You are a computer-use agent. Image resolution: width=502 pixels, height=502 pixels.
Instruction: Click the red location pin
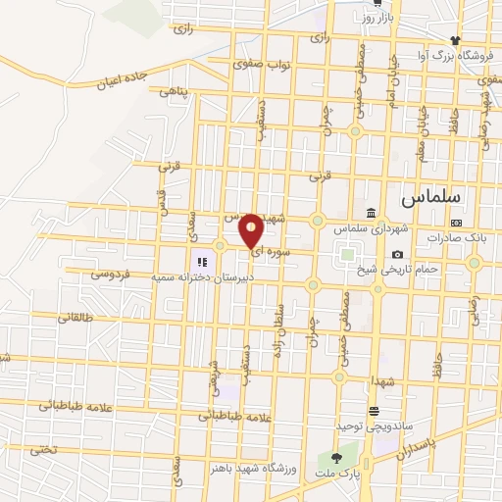(x=251, y=230)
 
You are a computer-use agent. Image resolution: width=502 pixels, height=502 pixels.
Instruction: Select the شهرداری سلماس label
(x=370, y=227)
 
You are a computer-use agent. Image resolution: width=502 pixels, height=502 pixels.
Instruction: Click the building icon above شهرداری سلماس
(x=371, y=214)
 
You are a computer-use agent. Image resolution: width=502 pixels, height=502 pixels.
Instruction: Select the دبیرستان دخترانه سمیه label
(x=202, y=277)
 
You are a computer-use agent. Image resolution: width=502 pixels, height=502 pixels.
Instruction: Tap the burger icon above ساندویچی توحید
(x=374, y=411)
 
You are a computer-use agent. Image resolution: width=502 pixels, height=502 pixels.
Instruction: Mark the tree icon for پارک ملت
(x=337, y=458)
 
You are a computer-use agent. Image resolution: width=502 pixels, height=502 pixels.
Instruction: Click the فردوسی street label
(x=112, y=275)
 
